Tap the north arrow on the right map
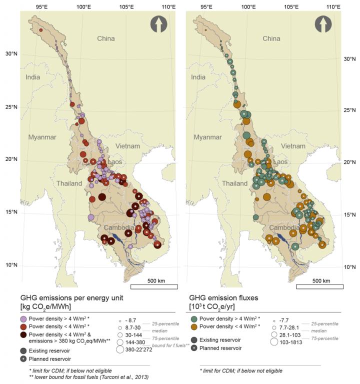[x=322, y=24]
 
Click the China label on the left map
[x=105, y=38]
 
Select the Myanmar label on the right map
[x=206, y=136]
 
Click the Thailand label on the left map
[x=69, y=183]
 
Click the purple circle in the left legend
[x=24, y=318]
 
